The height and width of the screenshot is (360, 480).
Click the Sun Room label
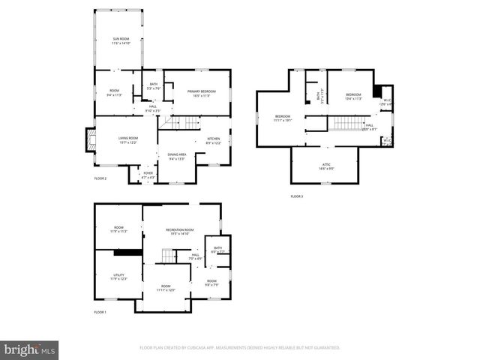point(121,41)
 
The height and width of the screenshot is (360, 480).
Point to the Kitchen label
point(213,141)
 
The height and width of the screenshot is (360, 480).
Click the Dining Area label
point(177,157)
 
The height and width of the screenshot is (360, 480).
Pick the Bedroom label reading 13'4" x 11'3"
point(353,96)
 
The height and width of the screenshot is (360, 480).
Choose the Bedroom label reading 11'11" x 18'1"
point(283,118)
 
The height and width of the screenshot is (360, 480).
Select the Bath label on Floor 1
point(217,250)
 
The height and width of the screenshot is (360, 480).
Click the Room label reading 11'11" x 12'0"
point(166,288)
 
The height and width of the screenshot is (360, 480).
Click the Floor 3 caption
point(297,196)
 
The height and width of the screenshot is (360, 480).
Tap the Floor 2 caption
point(100,178)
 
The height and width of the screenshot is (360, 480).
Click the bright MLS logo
point(30,349)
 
